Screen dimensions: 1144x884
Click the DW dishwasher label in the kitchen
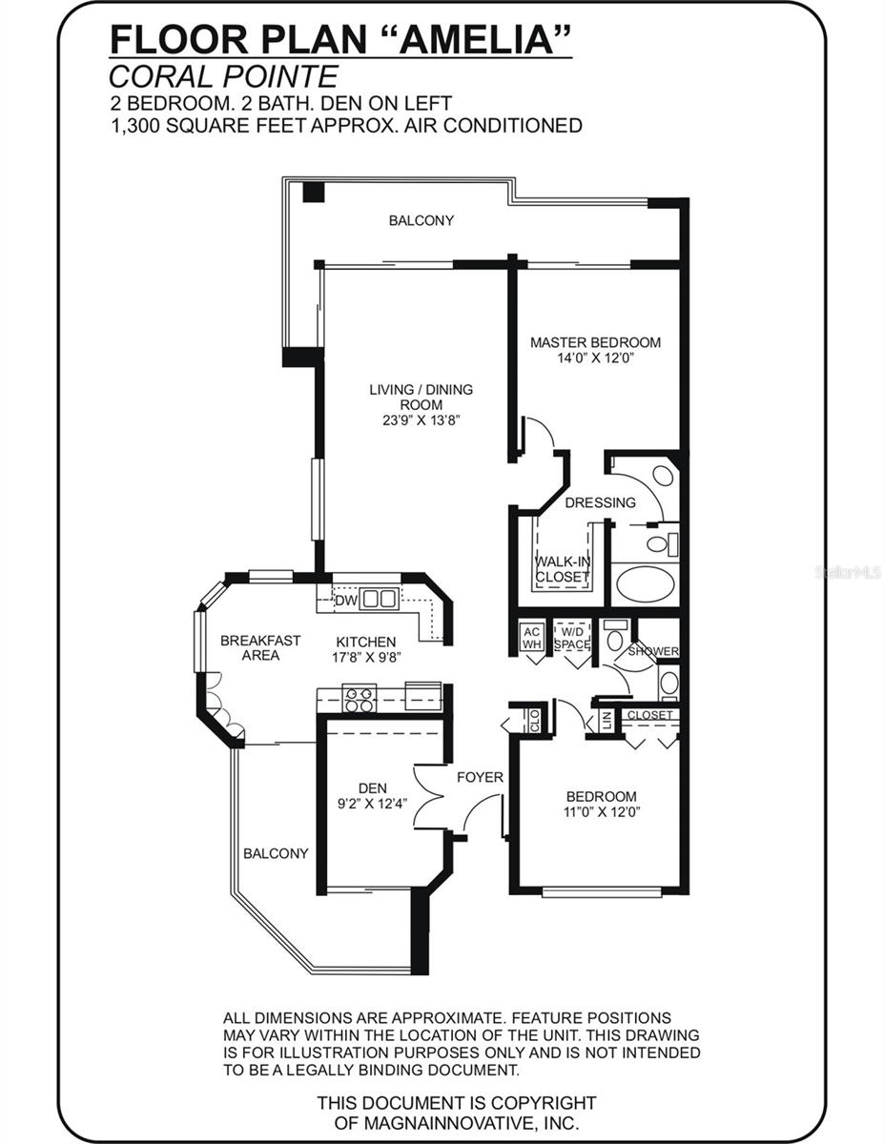[344, 601]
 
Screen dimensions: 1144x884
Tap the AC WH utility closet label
[531, 637]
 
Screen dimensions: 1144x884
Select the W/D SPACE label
[572, 637]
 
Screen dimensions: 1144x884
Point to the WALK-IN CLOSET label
[563, 569]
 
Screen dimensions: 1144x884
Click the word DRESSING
[600, 502]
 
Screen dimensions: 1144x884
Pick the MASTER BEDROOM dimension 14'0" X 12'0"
[596, 358]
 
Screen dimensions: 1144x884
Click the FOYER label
[480, 777]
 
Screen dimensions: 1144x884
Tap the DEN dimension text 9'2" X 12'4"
[372, 803]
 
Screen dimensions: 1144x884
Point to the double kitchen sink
[380, 600]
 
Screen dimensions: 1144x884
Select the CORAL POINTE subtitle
[223, 76]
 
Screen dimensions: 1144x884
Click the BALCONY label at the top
[421, 220]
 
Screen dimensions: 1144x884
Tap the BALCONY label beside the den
[276, 853]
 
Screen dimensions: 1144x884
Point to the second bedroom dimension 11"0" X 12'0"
[601, 812]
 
